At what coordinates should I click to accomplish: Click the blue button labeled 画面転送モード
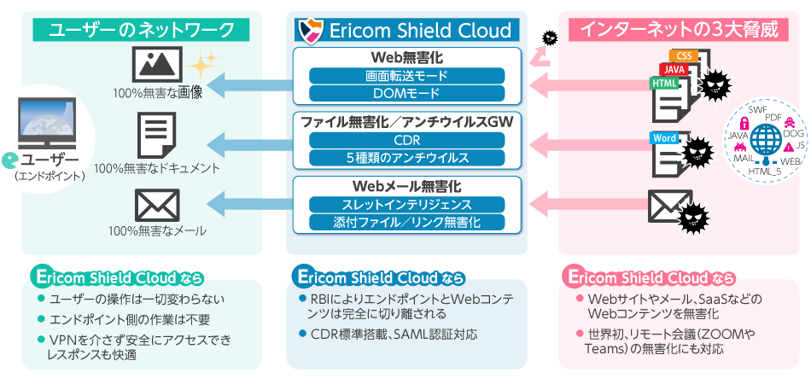coord(406,76)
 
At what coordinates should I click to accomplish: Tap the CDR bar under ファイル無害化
coord(406,141)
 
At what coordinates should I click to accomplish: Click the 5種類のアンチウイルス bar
coord(406,158)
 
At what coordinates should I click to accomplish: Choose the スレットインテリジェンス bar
coord(406,205)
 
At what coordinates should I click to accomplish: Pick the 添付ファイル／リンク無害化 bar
coord(406,223)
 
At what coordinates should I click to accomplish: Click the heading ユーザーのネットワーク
coord(142,30)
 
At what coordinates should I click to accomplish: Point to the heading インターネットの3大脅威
coord(679,30)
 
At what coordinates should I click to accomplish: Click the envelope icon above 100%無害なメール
coord(157,205)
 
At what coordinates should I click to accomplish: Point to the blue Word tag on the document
coord(665,137)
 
